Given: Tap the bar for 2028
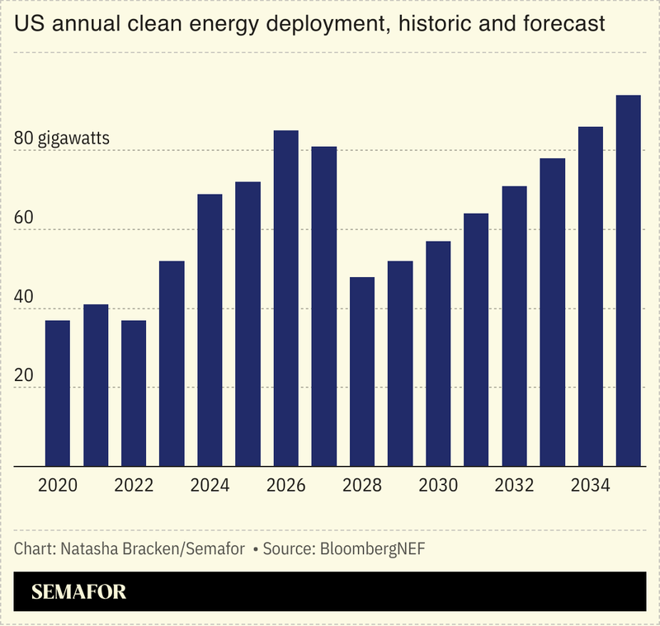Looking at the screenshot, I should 362,372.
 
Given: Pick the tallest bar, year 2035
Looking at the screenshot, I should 629,280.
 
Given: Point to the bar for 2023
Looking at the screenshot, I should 172,364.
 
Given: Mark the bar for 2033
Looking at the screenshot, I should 553,313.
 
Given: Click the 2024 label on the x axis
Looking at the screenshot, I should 210,485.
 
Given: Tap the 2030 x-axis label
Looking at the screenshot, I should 438,485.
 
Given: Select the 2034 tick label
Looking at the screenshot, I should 591,485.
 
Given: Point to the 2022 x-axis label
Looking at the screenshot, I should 134,485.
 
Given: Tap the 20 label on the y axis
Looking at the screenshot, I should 25,375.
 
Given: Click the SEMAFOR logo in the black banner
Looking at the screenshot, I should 78,591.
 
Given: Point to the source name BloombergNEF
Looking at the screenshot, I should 372,548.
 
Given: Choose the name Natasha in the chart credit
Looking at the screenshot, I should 85,548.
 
